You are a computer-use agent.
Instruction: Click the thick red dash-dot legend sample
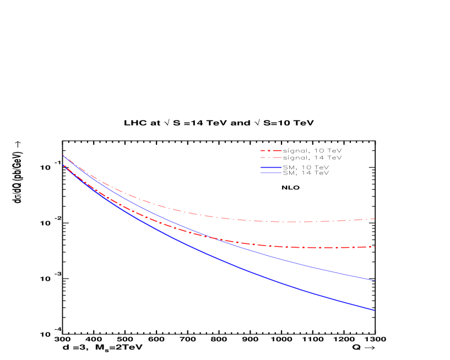(271, 150)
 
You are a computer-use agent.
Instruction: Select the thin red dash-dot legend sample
(271, 157)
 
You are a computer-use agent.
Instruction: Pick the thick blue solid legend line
(271, 167)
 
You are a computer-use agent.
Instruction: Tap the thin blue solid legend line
(271, 173)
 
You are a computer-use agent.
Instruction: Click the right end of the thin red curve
(375, 219)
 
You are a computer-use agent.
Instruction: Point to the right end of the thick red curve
(375, 247)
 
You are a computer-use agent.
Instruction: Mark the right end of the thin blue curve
(375, 280)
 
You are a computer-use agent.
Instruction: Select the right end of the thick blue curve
(375, 310)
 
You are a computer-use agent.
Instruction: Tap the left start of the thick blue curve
(64, 165)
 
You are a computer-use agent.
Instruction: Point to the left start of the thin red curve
(63, 155)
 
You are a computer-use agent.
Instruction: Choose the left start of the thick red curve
(64, 165)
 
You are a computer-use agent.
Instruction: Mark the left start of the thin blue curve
(63, 155)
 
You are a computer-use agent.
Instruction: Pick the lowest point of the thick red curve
(328, 248)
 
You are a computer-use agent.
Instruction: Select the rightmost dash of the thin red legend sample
(278, 157)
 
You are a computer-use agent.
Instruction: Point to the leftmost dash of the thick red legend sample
(263, 150)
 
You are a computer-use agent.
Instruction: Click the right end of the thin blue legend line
(281, 173)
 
